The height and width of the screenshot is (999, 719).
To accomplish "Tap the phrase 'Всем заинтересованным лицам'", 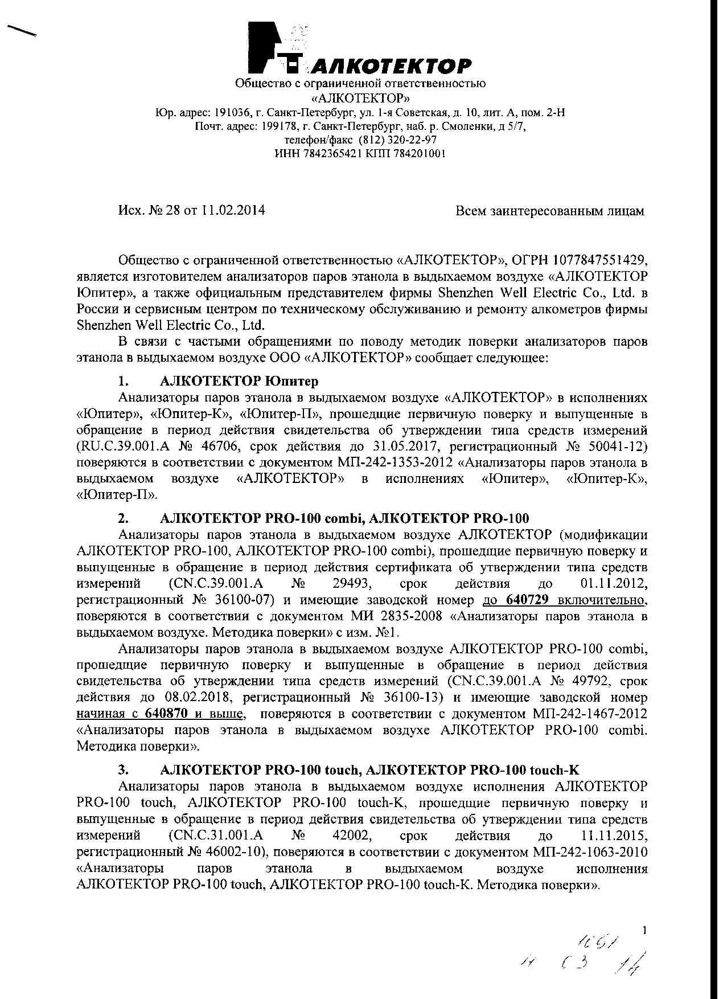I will [550, 211].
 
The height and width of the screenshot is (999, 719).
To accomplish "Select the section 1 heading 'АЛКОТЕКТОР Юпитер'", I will [240, 380].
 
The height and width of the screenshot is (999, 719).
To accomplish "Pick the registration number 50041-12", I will [618, 446].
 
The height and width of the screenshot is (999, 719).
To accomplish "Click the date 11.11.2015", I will [614, 836].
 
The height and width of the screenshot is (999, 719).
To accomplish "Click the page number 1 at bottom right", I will [644, 931].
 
